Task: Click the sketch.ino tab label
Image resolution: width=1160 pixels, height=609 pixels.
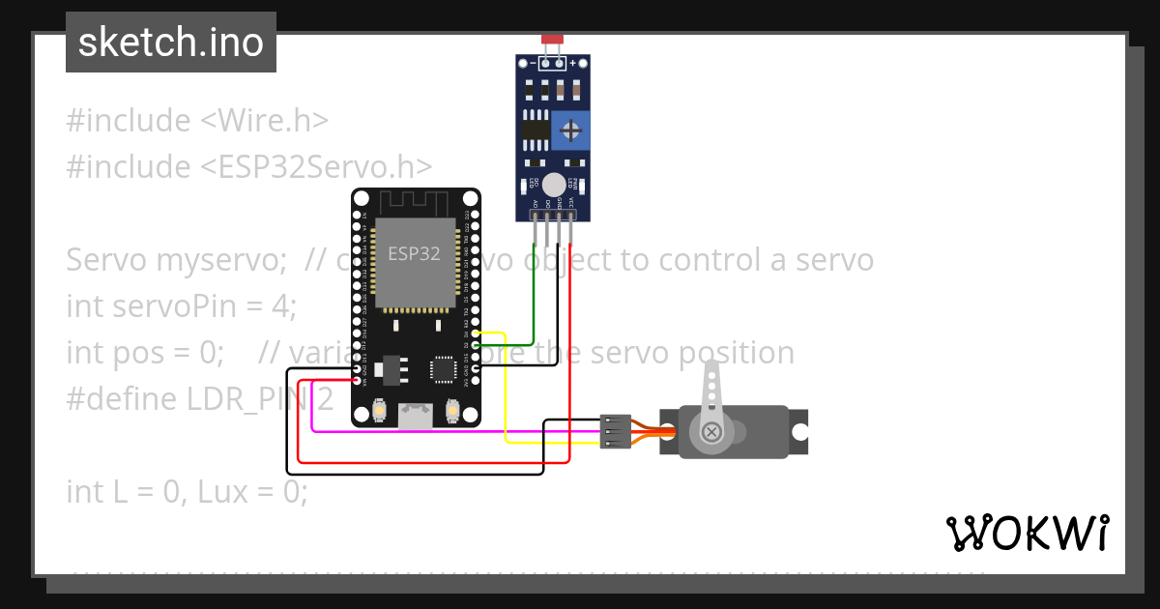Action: click(x=171, y=43)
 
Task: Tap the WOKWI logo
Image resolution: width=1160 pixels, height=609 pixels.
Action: click(x=1027, y=533)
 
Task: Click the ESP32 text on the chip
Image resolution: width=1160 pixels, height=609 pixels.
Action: click(x=414, y=254)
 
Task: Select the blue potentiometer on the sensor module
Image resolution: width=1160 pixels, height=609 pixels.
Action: click(x=571, y=130)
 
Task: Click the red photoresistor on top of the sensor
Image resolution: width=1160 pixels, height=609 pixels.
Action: click(x=552, y=40)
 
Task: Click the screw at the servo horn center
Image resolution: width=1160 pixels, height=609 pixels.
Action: click(x=712, y=432)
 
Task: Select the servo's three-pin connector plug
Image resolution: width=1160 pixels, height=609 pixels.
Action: click(x=616, y=431)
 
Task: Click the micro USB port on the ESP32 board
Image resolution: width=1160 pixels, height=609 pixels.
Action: click(x=417, y=415)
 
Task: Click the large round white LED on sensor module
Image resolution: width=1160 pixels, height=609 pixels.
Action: click(x=553, y=185)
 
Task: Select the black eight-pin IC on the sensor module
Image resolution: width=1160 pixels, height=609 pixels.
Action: click(x=533, y=129)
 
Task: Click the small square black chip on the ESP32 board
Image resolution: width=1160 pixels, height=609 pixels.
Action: click(x=442, y=368)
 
